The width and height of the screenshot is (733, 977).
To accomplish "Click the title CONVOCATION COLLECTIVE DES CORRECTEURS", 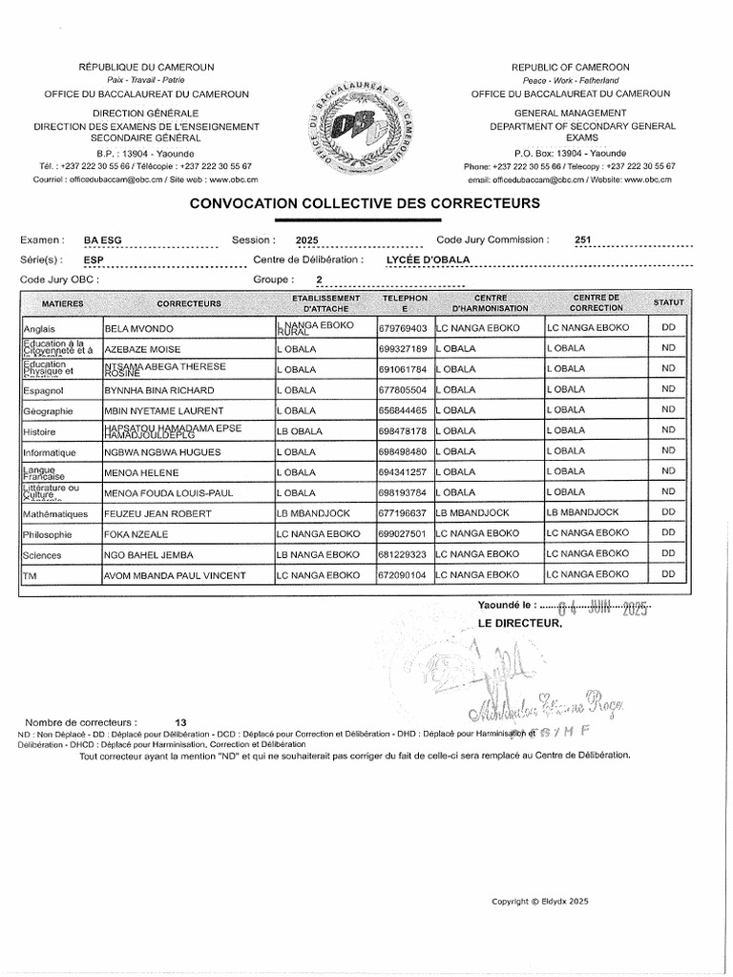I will (x=366, y=203).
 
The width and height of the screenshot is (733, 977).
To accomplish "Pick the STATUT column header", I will (x=668, y=303).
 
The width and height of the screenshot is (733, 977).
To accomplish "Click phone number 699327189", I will (x=403, y=349).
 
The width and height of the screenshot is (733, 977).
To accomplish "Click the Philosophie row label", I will (x=47, y=534).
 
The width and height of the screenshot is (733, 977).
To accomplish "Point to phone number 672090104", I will (x=403, y=575).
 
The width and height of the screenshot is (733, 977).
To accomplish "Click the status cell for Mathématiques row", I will (x=668, y=513).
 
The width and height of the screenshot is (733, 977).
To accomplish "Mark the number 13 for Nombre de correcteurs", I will (x=182, y=723).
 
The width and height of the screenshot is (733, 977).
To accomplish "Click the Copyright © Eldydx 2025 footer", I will (x=541, y=902).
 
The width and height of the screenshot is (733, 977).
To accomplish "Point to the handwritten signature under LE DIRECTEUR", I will (x=534, y=696).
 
